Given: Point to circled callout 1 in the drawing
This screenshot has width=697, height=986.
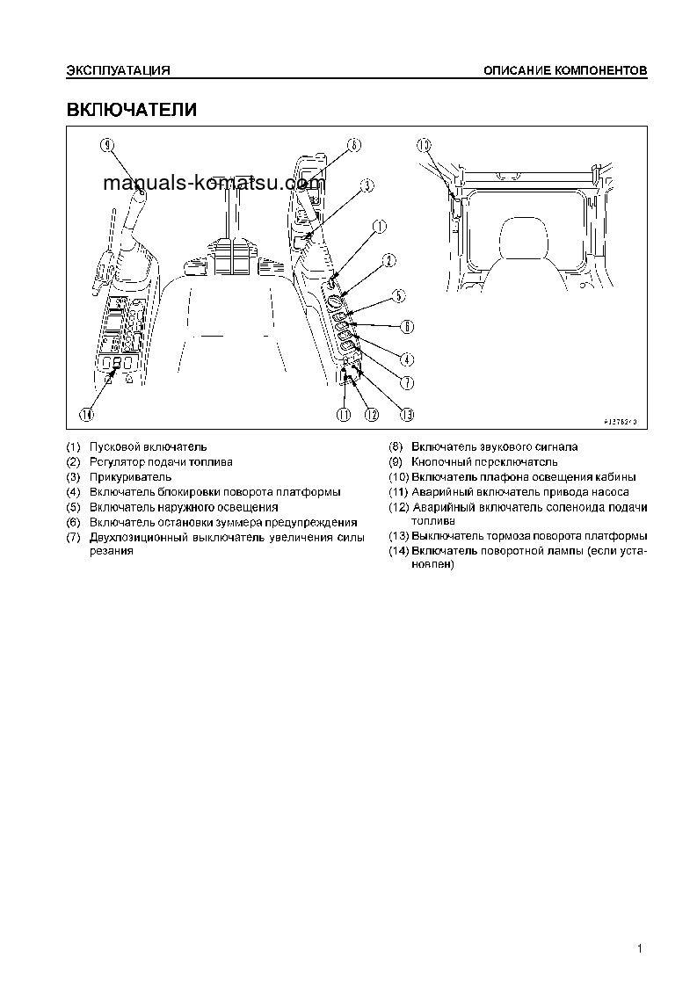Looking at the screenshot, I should point(379,226).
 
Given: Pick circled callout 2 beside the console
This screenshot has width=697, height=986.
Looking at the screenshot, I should point(388,260).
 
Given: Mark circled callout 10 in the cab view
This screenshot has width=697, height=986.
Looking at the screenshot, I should point(425,145).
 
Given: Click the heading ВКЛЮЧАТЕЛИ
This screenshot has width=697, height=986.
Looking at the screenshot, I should point(132,110).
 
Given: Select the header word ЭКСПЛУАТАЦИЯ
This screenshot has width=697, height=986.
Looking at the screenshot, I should point(118,69).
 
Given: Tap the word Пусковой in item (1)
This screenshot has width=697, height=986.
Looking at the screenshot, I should point(114,447).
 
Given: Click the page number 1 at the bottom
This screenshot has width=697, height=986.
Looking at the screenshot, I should point(642,948).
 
